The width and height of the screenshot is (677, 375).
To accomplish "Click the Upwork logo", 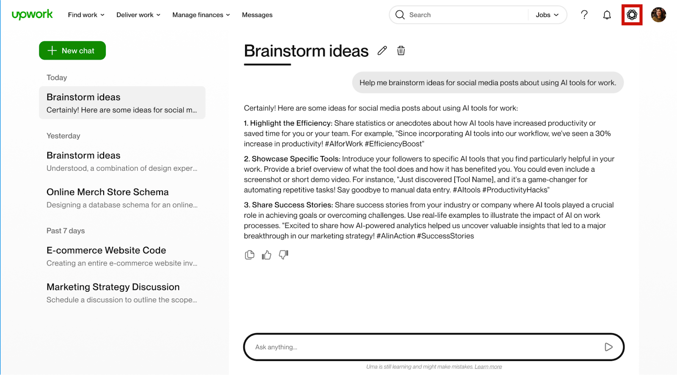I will pos(32,14).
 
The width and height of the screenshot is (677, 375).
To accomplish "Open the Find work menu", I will pos(86,15).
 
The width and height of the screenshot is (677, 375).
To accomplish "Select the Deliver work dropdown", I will pos(138,15).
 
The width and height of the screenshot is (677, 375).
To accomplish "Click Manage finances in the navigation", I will pos(201,15).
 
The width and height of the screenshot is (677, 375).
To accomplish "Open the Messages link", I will pos(257,15).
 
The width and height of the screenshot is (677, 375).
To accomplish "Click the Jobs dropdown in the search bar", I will pos(547,15).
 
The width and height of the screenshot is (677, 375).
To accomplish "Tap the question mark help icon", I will pos(584,15).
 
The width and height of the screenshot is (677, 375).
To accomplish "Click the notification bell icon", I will pos(607,15).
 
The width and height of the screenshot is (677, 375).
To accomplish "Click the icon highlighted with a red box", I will pos(632,15).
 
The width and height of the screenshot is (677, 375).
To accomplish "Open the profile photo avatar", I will pos(658,15).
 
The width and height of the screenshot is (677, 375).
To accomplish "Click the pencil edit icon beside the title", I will pos(382,51).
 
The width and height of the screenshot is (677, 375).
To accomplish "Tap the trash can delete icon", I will pos(401,51).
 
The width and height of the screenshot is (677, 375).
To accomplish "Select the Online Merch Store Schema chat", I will pos(122,198).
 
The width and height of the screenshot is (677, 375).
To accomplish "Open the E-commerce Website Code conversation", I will pos(122,256).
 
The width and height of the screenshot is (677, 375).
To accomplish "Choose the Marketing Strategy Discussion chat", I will pos(122,293).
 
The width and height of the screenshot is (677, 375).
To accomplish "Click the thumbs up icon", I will pos(267,255).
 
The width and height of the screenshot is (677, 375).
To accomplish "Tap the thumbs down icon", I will pos(283,255).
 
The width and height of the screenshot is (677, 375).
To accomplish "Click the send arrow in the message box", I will pos(608,347).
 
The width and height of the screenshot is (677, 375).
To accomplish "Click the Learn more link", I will pos(488,367).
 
